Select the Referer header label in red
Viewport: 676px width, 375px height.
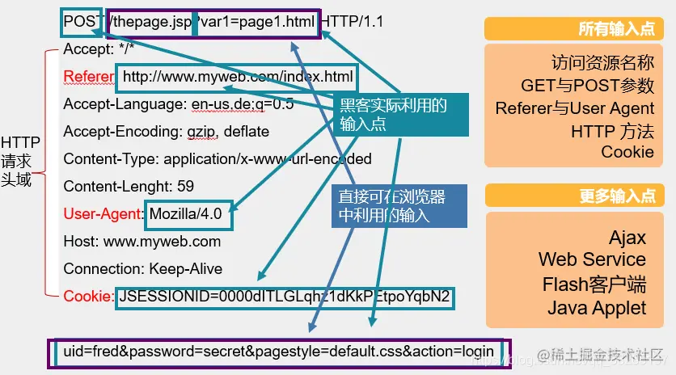click(89, 77)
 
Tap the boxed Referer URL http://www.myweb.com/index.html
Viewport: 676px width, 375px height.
click(238, 78)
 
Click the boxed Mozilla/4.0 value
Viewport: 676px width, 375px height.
click(188, 214)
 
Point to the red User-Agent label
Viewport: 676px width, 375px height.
click(104, 214)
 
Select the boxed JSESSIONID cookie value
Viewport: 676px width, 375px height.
click(284, 297)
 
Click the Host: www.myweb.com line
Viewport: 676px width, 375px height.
click(142, 242)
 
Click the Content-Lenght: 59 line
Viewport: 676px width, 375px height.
click(129, 187)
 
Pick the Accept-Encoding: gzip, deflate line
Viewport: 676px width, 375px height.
click(166, 132)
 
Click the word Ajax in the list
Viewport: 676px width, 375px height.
click(627, 237)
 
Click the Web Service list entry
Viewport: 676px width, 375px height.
click(592, 260)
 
